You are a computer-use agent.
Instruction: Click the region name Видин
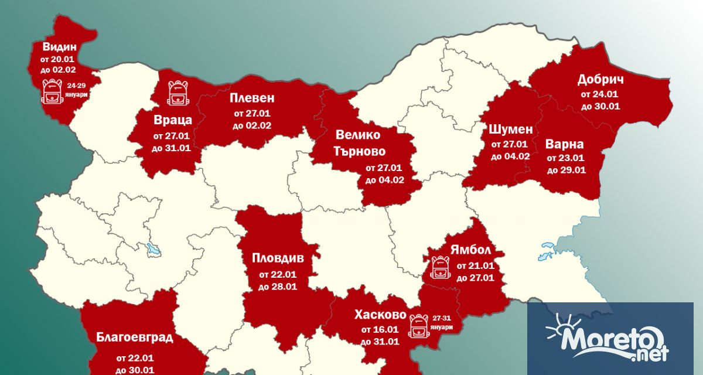[59, 47]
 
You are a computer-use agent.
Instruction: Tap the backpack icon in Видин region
[52, 91]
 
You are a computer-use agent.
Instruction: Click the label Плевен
[252, 98]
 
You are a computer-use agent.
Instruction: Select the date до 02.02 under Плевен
[252, 125]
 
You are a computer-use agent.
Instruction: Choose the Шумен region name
[510, 129]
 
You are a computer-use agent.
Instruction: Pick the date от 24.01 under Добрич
[600, 94]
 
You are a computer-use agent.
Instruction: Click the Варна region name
[564, 144]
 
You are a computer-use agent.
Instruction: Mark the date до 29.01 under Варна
[567, 171]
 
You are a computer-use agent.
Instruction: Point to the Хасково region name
[380, 315]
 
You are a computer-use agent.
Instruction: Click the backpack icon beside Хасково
[418, 325]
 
